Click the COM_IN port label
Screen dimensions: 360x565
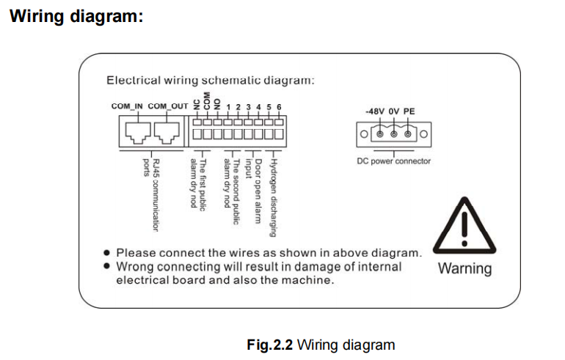[x=128, y=106]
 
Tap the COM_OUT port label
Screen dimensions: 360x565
[x=168, y=106]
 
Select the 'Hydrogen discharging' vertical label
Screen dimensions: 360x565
[x=272, y=197]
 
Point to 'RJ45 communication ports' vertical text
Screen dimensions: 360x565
[x=150, y=194]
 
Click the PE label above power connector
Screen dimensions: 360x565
[x=409, y=111]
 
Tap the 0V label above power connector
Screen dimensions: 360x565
[x=394, y=111]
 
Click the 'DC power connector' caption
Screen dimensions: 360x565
[x=394, y=161]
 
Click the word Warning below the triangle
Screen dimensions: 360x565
[x=464, y=268]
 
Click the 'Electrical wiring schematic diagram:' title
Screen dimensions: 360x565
[x=211, y=80]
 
